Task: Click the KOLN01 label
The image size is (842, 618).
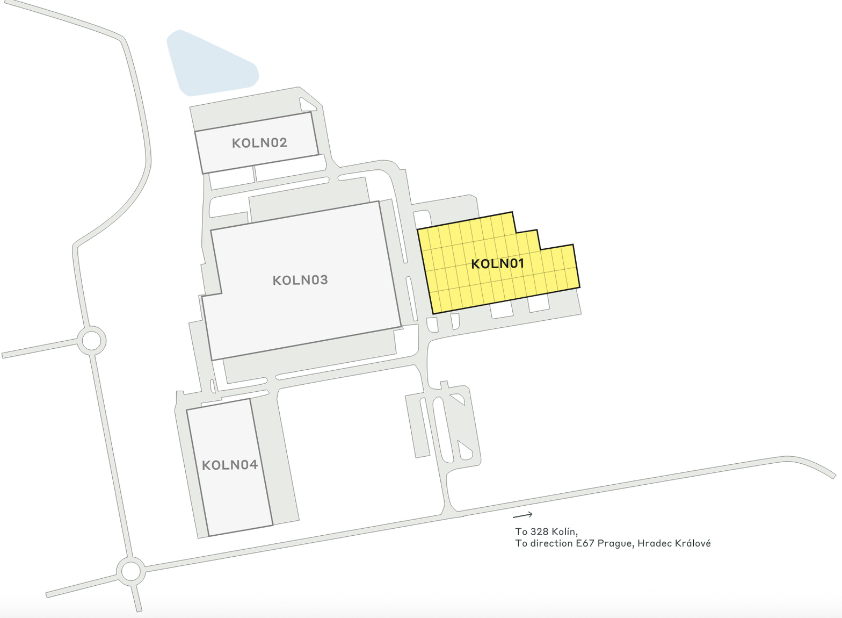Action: [x=497, y=263]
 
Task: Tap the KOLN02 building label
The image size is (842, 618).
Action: [x=259, y=142]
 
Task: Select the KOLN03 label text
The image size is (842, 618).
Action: [x=300, y=280]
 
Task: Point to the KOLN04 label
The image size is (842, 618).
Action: [x=230, y=465]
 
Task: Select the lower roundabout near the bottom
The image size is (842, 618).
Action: [x=130, y=571]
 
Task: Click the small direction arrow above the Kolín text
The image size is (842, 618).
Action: [x=523, y=515]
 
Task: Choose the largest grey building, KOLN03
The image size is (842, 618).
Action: [x=322, y=312]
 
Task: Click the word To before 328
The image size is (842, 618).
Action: [x=521, y=531]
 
